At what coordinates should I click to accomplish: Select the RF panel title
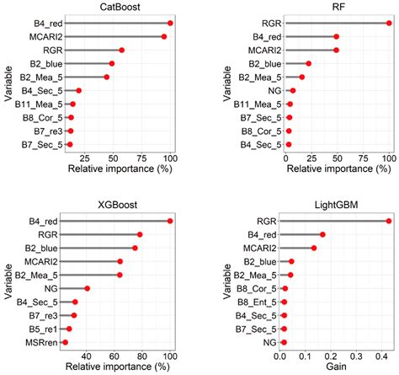pyautogui.click(x=333, y=8)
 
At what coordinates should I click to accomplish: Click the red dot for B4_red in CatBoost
pyautogui.click(x=170, y=24)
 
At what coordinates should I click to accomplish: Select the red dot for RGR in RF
pyautogui.click(x=388, y=24)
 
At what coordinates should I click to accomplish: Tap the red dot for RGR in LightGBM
pyautogui.click(x=388, y=221)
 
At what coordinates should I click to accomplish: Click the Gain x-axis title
pyautogui.click(x=334, y=367)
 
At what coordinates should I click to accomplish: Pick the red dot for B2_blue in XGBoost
pyautogui.click(x=135, y=248)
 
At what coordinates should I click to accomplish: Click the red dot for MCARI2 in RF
pyautogui.click(x=336, y=50)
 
